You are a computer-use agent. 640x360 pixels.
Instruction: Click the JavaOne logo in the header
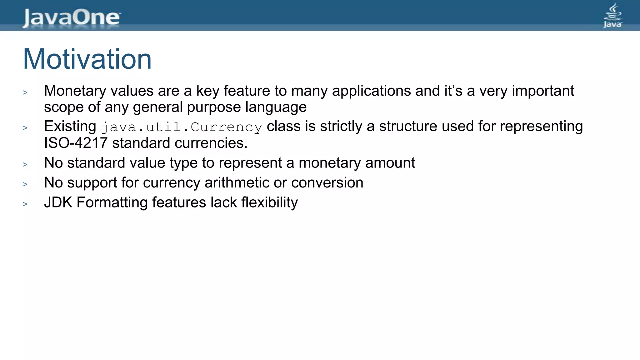[71, 17]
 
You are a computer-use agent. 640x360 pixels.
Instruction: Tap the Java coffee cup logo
[612, 16]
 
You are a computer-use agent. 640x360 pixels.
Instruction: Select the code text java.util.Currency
[181, 127]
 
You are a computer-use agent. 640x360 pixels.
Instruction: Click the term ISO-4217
[76, 143]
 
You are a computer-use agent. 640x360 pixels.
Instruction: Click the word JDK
[58, 202]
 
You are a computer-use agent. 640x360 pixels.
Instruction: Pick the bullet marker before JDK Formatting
[25, 204]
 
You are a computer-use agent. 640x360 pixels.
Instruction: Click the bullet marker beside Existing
[25, 128]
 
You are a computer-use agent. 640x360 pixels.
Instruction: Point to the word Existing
[70, 126]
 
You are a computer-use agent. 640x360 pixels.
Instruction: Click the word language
[276, 107]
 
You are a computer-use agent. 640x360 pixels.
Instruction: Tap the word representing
[541, 126]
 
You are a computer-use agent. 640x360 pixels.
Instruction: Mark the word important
[543, 91]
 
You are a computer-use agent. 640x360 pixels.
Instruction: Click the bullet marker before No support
[25, 184]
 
